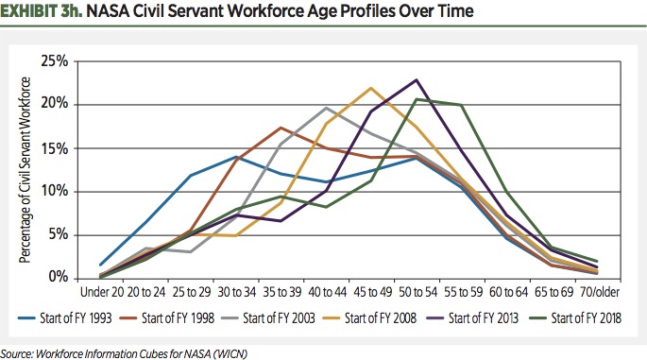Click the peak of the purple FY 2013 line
pos(416,79)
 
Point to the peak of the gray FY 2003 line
pos(325,108)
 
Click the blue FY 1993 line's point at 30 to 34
pos(233,157)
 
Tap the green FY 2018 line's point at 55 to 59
pos(462,105)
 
